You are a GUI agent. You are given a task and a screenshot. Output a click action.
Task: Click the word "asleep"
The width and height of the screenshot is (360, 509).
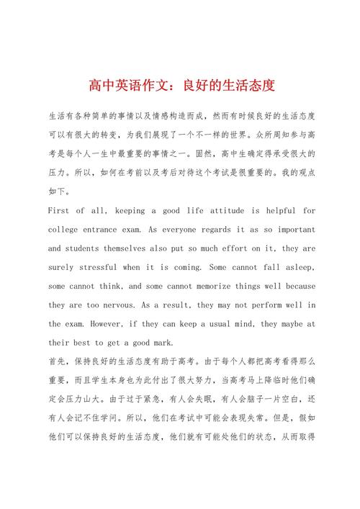click(296, 267)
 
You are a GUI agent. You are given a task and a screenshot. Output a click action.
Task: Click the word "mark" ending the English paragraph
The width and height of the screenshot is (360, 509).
click(173, 343)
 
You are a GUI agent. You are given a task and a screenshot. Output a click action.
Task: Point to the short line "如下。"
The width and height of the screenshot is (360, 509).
click(59, 192)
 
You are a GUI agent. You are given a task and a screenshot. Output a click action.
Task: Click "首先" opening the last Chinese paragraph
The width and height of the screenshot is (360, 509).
click(56, 361)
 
